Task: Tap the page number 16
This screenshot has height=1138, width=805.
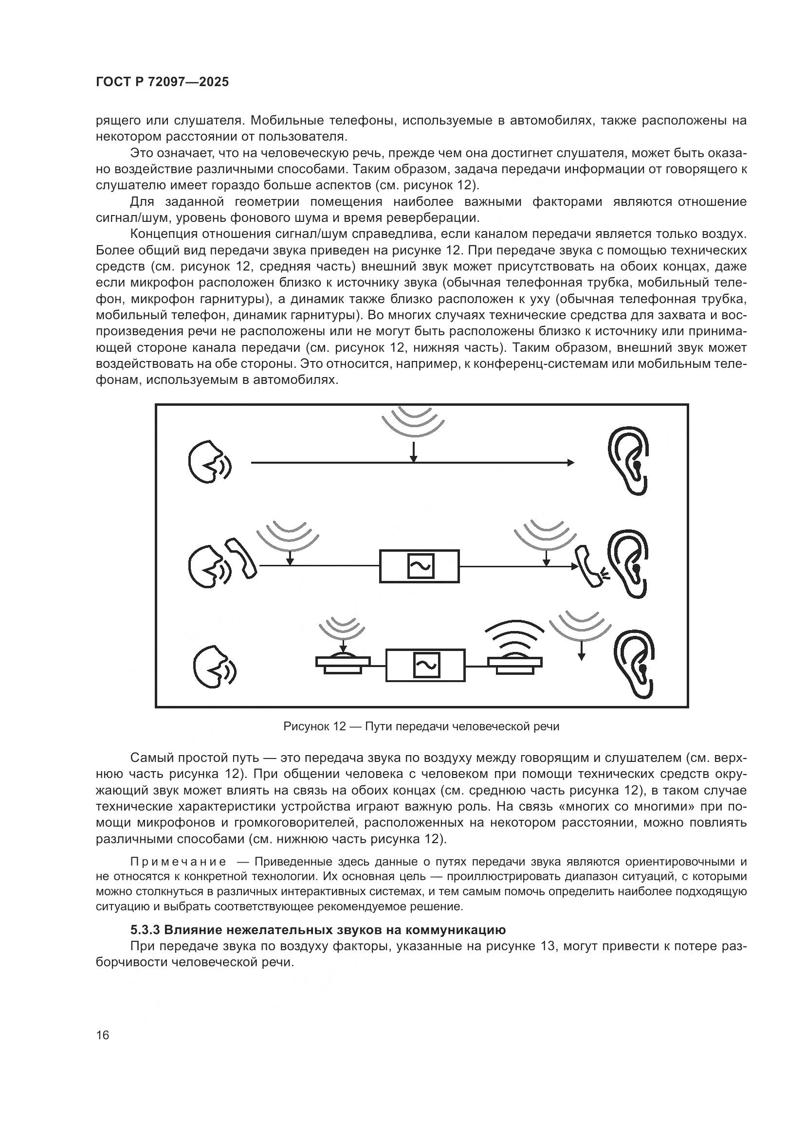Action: (x=103, y=1035)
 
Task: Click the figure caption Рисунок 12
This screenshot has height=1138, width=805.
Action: (x=421, y=726)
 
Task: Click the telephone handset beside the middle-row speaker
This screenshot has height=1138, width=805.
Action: (x=241, y=559)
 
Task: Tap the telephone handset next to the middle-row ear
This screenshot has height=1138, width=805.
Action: (x=589, y=566)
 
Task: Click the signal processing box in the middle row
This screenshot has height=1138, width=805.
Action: (x=420, y=566)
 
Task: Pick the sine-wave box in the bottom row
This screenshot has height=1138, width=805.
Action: (x=426, y=665)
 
